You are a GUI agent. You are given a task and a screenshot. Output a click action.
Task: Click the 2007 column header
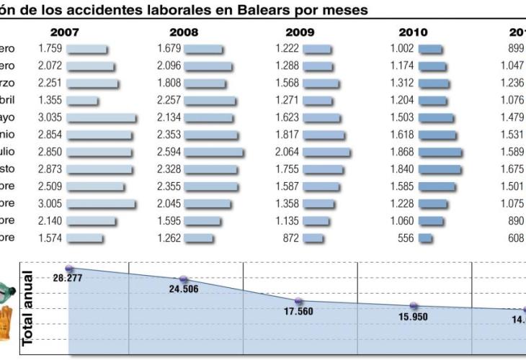coord(65,32)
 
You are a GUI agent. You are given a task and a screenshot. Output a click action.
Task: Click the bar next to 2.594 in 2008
coord(214,152)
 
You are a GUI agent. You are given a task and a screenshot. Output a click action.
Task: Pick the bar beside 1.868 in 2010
coord(440,152)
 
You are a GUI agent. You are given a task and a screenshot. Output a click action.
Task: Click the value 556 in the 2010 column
coord(406,238)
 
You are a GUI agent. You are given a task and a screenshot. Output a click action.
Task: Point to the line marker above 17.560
coord(299,301)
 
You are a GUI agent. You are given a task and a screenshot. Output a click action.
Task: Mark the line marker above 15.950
coord(414,306)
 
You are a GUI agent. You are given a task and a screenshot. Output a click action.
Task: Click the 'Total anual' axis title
coord(28,308)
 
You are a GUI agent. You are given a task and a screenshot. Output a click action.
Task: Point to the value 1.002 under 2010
coord(403,49)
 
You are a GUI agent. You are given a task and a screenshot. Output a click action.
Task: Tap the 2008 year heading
coord(183,32)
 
